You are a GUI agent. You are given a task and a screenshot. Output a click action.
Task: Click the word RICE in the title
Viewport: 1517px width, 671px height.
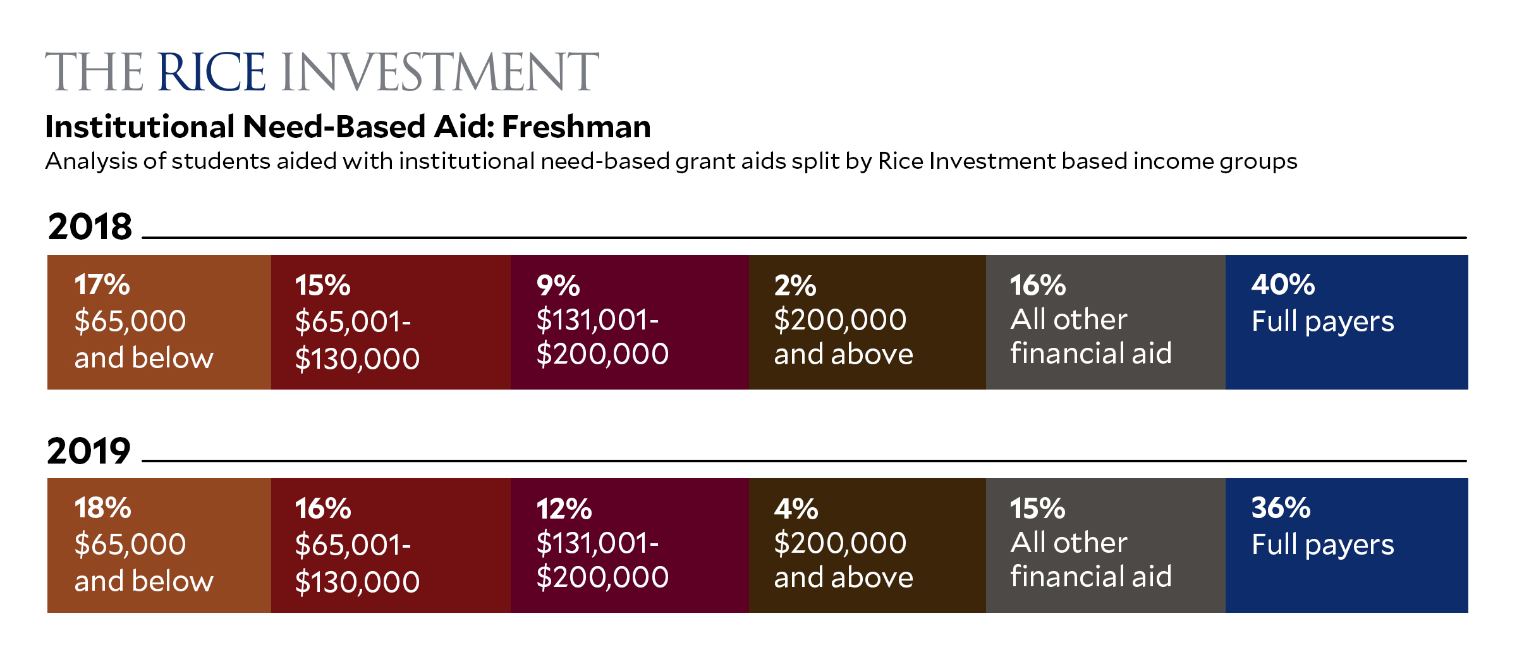[212, 72]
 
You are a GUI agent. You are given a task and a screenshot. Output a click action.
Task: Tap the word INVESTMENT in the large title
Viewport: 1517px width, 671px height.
[440, 72]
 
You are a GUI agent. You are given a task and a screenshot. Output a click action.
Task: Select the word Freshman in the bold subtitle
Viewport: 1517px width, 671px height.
[576, 126]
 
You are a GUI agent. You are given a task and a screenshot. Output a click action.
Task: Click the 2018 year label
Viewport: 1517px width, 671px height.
[90, 226]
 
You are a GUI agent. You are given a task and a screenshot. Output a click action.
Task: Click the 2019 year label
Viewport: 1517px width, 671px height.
[89, 451]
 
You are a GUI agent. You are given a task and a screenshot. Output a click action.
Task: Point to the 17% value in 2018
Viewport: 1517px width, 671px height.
[102, 285]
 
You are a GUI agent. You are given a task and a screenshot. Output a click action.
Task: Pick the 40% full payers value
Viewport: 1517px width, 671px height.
[1283, 285]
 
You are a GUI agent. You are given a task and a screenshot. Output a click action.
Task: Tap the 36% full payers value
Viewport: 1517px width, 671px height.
[1281, 508]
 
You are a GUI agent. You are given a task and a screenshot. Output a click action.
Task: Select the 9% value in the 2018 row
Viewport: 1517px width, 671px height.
[558, 286]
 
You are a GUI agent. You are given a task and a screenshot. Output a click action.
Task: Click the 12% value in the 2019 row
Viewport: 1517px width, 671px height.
[564, 509]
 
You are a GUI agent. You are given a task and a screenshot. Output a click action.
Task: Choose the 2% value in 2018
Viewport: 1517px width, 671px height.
[795, 286]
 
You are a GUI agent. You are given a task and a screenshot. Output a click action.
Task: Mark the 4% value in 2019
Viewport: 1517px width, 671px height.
[796, 509]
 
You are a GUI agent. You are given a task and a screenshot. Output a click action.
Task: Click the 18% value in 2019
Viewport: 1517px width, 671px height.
[102, 508]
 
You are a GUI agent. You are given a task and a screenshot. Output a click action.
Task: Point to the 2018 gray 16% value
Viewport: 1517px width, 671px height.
[1038, 285]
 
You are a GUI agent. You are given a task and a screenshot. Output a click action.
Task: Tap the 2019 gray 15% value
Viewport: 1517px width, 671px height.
[1037, 508]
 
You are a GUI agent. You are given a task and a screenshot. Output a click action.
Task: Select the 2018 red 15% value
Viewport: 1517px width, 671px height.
[322, 286]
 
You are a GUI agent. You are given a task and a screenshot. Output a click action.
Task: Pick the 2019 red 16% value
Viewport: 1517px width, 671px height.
[323, 509]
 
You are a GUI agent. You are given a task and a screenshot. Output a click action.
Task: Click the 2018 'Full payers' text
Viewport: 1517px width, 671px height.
[1323, 322]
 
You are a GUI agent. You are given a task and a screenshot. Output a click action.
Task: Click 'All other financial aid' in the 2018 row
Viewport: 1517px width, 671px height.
[1091, 336]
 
